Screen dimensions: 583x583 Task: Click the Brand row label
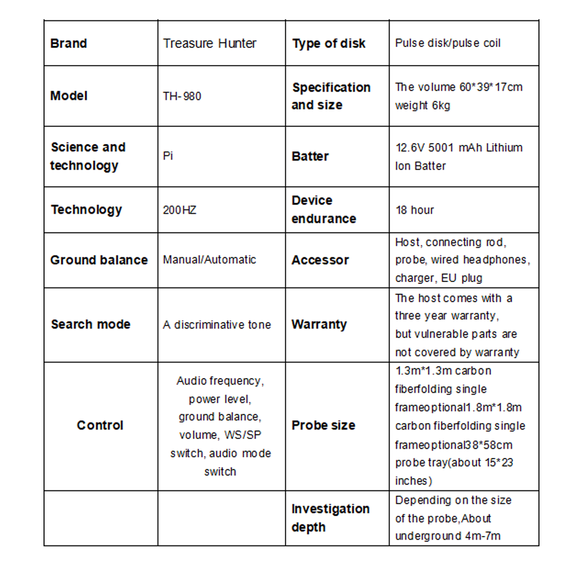pyautogui.click(x=69, y=44)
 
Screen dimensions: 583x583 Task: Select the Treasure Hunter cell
pyautogui.click(x=209, y=44)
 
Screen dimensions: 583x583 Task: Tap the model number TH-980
pyautogui.click(x=182, y=96)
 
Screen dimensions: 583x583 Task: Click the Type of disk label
pyautogui.click(x=329, y=44)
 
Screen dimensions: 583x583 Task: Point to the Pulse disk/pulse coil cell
pyautogui.click(x=448, y=43)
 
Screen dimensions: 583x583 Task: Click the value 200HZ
pyautogui.click(x=179, y=210)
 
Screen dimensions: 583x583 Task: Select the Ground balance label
pyautogui.click(x=99, y=260)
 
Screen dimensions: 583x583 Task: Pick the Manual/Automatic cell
pyautogui.click(x=209, y=260)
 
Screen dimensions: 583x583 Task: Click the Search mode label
pyautogui.click(x=91, y=324)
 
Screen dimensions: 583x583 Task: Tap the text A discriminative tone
pyautogui.click(x=217, y=325)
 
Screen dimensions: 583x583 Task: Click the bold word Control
pyautogui.click(x=100, y=425)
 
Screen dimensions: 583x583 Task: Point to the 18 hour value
pyautogui.click(x=415, y=210)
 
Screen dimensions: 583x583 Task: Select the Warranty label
pyautogui.click(x=319, y=324)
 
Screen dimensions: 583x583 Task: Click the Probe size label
pyautogui.click(x=323, y=425)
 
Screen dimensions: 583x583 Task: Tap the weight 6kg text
pyautogui.click(x=422, y=106)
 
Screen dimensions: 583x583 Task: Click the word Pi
pyautogui.click(x=168, y=156)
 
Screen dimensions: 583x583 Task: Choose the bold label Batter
pyautogui.click(x=310, y=157)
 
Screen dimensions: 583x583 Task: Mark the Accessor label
pyautogui.click(x=320, y=260)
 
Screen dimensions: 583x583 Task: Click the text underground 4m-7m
pyautogui.click(x=448, y=536)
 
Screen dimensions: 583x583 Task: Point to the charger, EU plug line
pyautogui.click(x=439, y=278)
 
